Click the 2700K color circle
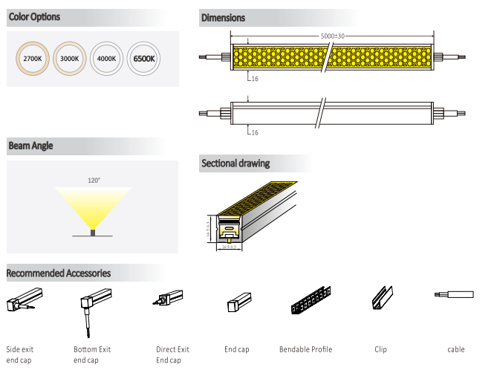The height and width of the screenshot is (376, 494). tap(33, 58)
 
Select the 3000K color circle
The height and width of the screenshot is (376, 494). tap(70, 58)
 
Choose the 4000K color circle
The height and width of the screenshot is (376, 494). tap(106, 58)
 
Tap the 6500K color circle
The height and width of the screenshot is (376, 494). tap(143, 58)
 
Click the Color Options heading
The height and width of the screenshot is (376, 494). tap(35, 16)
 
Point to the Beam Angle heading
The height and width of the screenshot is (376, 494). tap(30, 146)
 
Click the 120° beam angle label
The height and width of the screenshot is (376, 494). tap(93, 180)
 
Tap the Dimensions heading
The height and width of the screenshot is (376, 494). tap(223, 17)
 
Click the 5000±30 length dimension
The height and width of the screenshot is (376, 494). tap(332, 36)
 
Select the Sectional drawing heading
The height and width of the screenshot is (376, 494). tap(235, 163)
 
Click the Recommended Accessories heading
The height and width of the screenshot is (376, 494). tap(59, 273)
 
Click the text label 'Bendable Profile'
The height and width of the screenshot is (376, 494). tap(305, 349)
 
